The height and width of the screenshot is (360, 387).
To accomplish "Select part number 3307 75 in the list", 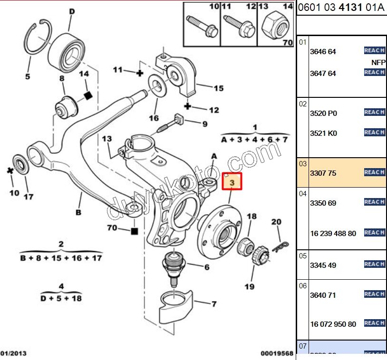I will pyautogui.click(x=323, y=173).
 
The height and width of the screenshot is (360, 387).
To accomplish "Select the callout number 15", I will pyautogui.click(x=218, y=88).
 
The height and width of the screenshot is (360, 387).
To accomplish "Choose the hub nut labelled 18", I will pyautogui.click(x=244, y=245).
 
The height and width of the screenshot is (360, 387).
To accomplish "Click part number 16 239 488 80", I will pyautogui.click(x=333, y=234).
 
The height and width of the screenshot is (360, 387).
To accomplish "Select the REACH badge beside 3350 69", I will pyautogui.click(x=374, y=202).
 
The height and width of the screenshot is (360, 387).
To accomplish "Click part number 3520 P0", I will pyautogui.click(x=323, y=114).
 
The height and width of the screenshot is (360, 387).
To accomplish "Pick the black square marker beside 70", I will pyautogui.click(x=135, y=231).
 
